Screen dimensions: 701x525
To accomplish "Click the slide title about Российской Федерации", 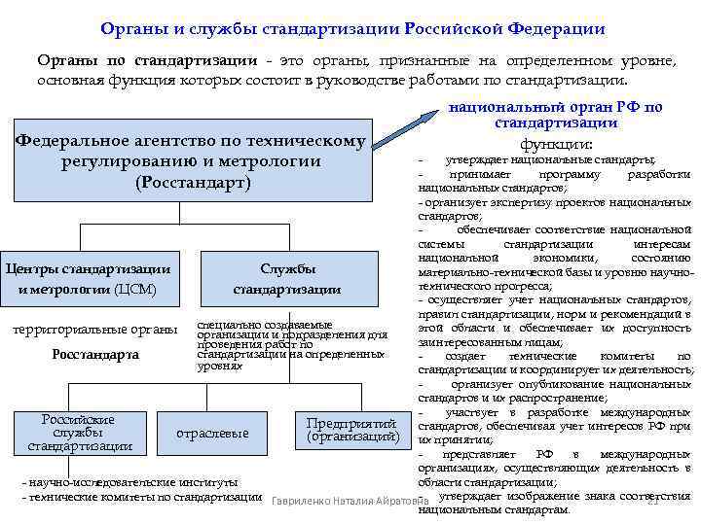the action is pyautogui.click(x=351, y=30).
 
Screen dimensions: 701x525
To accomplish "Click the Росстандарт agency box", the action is pyautogui.click(x=192, y=161).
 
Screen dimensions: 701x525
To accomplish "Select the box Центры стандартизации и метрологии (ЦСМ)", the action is pyautogui.click(x=88, y=278).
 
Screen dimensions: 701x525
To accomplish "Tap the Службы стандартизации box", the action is pyautogui.click(x=286, y=278).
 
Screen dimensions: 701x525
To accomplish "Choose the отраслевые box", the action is pyautogui.click(x=211, y=434).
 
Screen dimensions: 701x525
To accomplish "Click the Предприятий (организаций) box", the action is pyautogui.click(x=351, y=431).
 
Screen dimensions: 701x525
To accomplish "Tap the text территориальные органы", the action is pyautogui.click(x=94, y=329).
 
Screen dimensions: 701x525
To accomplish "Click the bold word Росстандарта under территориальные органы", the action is pyautogui.click(x=95, y=354).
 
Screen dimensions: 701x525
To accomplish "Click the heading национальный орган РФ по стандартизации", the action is pyautogui.click(x=555, y=115).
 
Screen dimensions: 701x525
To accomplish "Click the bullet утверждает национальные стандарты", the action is pyautogui.click(x=550, y=159).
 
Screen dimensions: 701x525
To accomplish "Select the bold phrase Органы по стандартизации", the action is pyautogui.click(x=147, y=61).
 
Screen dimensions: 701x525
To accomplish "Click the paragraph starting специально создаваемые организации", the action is pyautogui.click(x=291, y=346).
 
